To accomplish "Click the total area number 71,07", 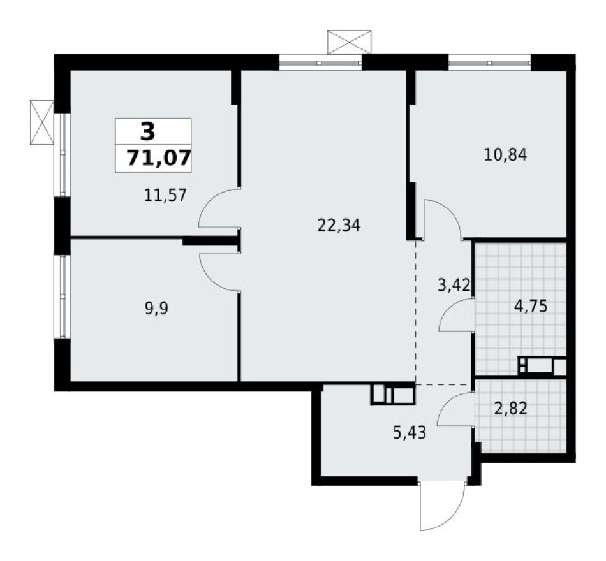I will click(158, 157).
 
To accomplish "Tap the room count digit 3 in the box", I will click(147, 132).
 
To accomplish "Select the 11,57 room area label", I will click(165, 195).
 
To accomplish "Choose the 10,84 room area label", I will click(505, 154).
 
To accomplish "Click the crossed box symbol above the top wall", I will click(349, 41).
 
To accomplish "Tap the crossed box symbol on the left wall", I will click(41, 122).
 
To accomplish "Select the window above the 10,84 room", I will click(489, 62).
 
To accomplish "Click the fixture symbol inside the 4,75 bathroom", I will click(542, 367).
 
